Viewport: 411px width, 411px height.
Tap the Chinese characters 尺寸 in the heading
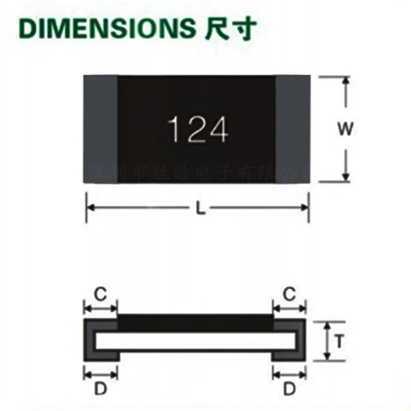point(226,30)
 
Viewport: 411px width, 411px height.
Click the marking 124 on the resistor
point(198,129)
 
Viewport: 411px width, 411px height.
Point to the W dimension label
point(346,129)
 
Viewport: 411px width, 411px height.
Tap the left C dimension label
point(101,294)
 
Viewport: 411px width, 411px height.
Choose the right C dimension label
point(290,294)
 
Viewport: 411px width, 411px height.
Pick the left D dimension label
point(101,389)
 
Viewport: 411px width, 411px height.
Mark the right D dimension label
point(290,389)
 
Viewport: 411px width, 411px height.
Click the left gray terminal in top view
point(101,129)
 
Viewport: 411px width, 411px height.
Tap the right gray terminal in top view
point(293,129)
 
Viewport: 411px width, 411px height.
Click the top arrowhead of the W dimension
point(346,82)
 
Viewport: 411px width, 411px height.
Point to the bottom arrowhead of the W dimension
point(346,177)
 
